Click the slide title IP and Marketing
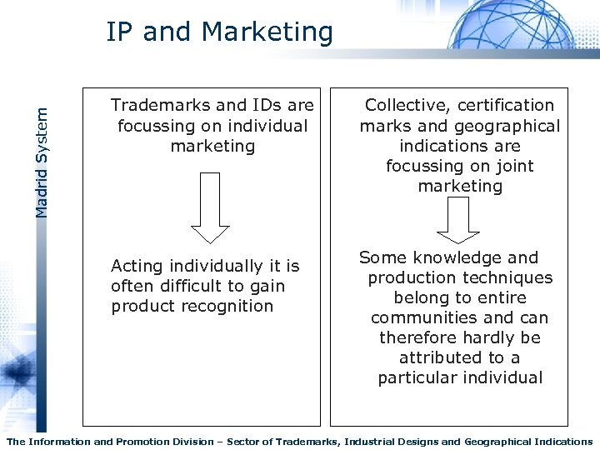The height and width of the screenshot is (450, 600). pyautogui.click(x=219, y=32)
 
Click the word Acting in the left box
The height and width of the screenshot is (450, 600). pyautogui.click(x=136, y=267)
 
